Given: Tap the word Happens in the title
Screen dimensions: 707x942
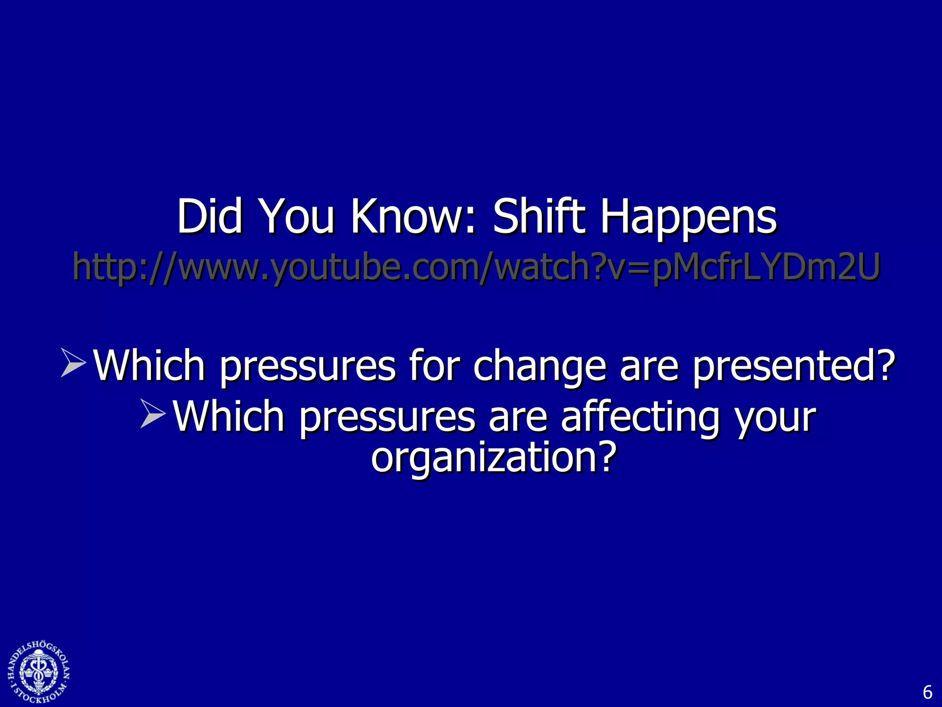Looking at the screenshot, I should [x=689, y=216].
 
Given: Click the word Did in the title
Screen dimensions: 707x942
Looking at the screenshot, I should [x=210, y=216].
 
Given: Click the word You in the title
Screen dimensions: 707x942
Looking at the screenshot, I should [x=297, y=216].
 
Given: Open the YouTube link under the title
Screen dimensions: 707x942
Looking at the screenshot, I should [x=477, y=267].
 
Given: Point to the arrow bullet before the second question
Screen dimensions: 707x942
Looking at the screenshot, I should [x=153, y=413].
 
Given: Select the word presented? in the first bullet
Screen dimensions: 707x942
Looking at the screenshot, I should [x=794, y=366].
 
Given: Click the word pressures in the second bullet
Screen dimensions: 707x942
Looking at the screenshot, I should [x=387, y=417].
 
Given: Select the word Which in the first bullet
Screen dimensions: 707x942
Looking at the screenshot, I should [x=149, y=366].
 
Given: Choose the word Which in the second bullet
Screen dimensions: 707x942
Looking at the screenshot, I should [x=229, y=417].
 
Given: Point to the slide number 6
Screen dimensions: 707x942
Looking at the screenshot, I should [x=927, y=692].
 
